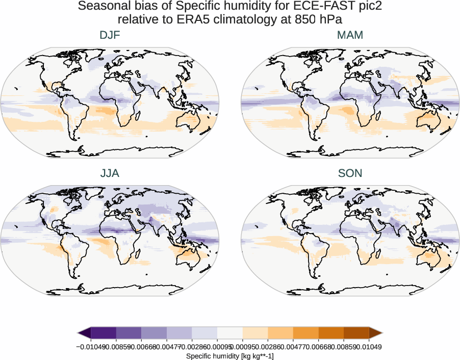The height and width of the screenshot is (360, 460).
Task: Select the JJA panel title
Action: pos(110,173)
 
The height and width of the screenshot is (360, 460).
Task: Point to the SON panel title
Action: pos(350,173)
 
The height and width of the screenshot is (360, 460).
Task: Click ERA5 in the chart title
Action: pos(228,19)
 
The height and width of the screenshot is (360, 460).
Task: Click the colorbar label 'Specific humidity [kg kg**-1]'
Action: pos(229,355)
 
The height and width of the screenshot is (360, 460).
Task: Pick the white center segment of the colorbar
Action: pos(229,333)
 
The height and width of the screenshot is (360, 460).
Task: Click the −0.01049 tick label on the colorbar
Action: pos(91,346)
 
